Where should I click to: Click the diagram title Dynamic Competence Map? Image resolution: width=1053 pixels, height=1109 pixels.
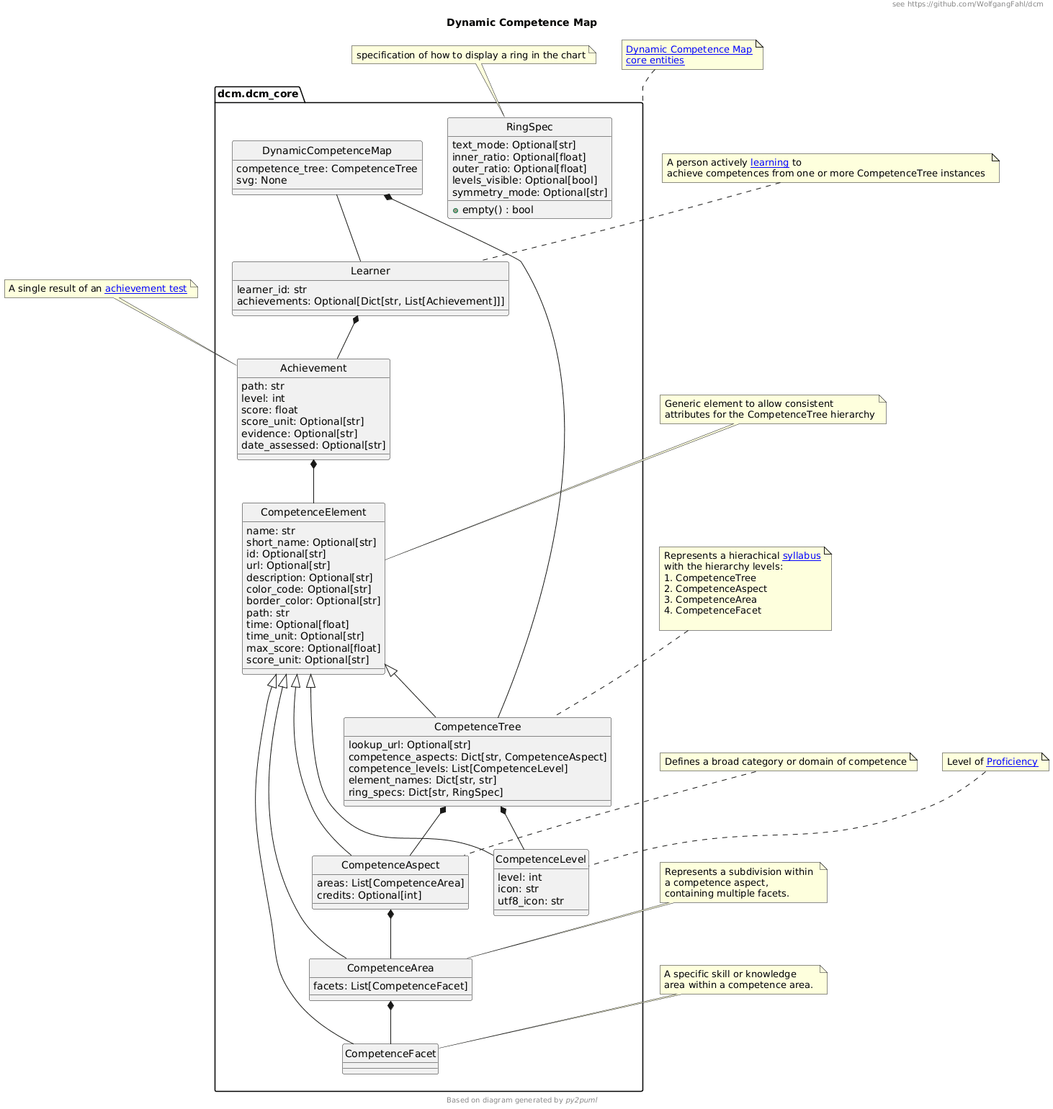[521, 22]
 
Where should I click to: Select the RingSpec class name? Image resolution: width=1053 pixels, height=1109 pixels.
[529, 127]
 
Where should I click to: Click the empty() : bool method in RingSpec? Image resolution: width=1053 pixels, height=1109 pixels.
[498, 210]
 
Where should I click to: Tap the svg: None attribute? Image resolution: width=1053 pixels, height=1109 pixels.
[261, 181]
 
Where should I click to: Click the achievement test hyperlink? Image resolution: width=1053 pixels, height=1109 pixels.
[145, 289]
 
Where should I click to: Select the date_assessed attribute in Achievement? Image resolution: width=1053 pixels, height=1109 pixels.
[313, 445]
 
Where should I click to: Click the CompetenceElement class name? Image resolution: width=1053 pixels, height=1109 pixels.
[313, 512]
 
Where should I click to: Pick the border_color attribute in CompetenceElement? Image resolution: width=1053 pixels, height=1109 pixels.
[313, 601]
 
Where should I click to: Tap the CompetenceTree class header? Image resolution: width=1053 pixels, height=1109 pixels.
[478, 727]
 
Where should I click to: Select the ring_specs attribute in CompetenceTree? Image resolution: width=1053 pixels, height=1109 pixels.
[426, 792]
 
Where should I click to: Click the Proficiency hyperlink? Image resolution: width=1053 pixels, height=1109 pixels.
[1012, 762]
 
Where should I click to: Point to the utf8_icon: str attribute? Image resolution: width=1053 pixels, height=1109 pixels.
[531, 901]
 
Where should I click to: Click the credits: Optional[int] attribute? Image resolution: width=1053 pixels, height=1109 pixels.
[369, 895]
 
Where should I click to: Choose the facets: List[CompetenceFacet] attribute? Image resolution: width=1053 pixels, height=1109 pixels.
[390, 986]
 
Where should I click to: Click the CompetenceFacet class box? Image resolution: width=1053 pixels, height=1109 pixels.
[390, 1054]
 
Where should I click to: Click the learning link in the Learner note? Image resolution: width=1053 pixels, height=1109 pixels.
[769, 163]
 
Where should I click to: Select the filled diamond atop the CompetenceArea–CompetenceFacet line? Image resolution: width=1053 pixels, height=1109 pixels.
[390, 1006]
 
